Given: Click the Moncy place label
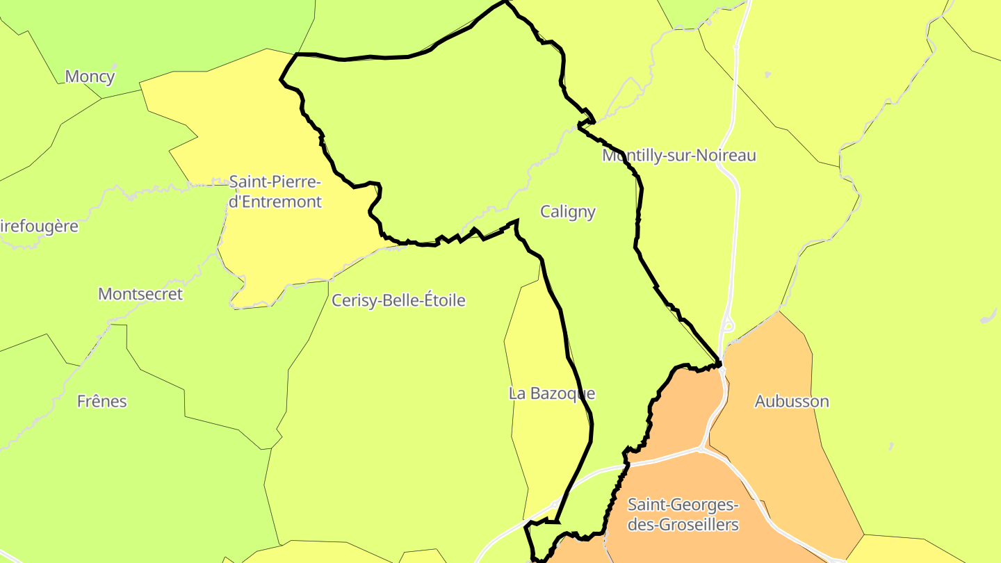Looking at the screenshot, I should point(90,76).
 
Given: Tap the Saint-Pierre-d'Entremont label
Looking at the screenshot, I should point(275,192).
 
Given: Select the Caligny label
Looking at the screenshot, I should point(568,211).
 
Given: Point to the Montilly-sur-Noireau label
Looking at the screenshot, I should point(678,155).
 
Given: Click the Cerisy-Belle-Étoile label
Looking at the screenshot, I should point(398,300).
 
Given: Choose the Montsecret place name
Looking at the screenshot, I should point(140,293).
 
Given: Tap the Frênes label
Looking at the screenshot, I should point(102,401).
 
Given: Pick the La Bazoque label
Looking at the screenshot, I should point(552,393).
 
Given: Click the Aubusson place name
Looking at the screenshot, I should point(792,401).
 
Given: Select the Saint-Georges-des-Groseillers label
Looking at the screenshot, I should point(683,514).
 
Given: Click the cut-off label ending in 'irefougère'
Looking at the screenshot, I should point(39,226).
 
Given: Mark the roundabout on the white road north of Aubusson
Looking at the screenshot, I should point(728,324).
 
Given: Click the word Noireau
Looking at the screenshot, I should point(727,155).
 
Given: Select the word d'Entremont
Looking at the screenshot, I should point(275,202).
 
